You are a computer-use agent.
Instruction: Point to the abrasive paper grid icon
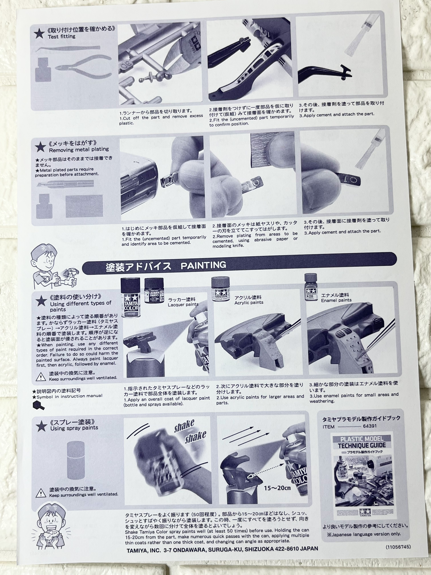pyautogui.click(x=84, y=206)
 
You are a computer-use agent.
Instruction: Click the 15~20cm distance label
pyautogui.click(x=277, y=488)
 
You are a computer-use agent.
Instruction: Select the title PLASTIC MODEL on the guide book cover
pyautogui.click(x=362, y=439)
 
